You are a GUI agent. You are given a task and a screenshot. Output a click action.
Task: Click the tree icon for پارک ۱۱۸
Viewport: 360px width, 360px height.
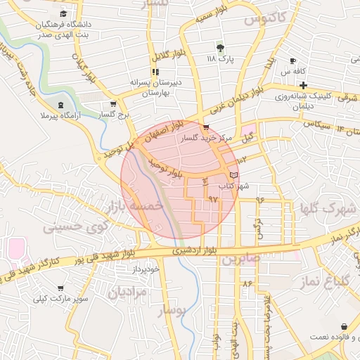[x=221, y=48]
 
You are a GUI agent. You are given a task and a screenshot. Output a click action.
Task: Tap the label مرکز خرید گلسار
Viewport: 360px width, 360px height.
[x=207, y=139]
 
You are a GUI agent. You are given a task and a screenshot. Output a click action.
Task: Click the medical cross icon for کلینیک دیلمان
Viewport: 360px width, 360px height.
[x=302, y=85]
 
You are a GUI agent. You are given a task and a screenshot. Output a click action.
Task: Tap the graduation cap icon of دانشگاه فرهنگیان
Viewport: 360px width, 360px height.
[x=63, y=13]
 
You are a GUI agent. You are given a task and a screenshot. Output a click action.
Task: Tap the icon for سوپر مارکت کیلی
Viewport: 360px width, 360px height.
[x=60, y=288]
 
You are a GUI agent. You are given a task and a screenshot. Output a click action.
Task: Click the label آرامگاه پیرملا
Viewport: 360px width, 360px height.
[x=67, y=114]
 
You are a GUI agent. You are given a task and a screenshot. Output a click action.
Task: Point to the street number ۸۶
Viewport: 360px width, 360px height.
[x=247, y=283]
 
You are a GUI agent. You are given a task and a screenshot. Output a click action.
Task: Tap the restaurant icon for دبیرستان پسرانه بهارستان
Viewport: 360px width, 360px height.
[x=155, y=71]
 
